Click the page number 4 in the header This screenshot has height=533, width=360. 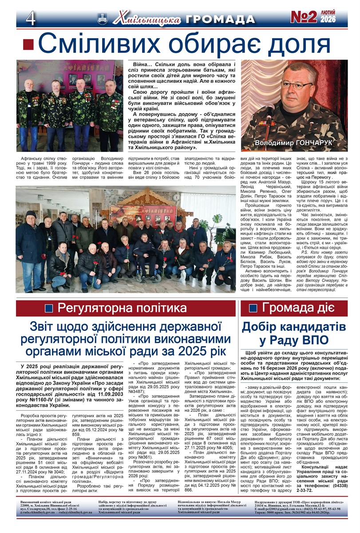point(31,19)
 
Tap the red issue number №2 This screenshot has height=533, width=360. point(304,18)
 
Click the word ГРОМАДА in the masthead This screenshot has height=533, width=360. point(220,20)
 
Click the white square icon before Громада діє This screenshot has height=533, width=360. point(253,308)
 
